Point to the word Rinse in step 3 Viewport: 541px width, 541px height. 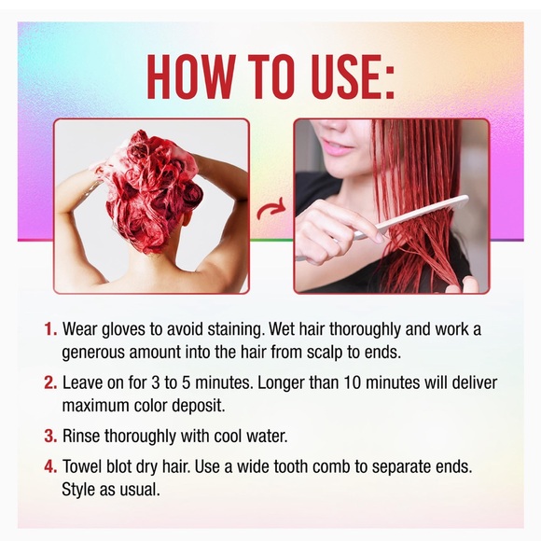coord(82,435)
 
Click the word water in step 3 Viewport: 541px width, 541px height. coord(277,435)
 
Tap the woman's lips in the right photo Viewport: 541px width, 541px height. coord(338,146)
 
